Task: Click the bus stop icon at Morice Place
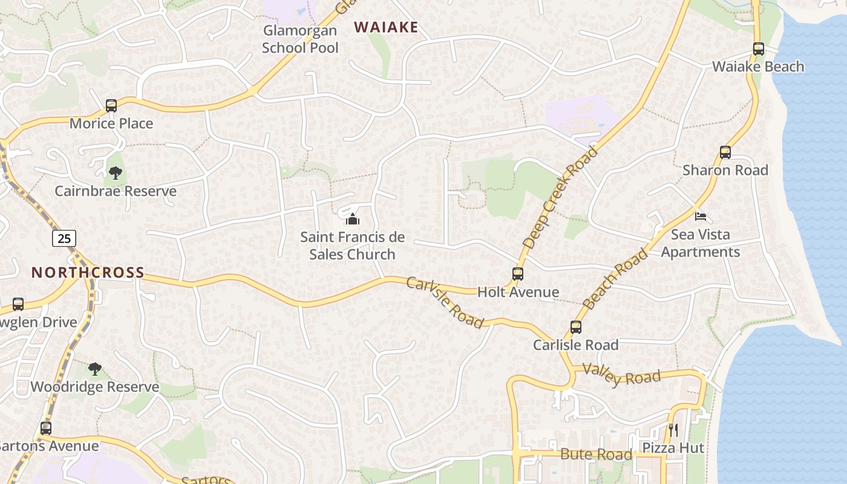[111, 106]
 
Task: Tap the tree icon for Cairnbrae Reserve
[115, 174]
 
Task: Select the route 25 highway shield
[64, 238]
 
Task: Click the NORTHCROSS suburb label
[88, 272]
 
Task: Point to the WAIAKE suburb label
[386, 27]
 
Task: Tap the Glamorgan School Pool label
[300, 39]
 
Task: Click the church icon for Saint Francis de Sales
[353, 218]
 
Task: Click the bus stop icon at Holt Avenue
[518, 274]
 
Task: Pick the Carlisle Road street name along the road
[445, 302]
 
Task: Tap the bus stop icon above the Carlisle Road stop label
[576, 327]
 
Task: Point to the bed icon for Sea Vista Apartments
[701, 216]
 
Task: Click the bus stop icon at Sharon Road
[725, 152]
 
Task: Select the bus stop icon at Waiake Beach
[759, 49]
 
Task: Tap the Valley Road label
[621, 376]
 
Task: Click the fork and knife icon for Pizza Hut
[673, 430]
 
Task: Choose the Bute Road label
[596, 454]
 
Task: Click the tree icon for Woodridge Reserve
[94, 369]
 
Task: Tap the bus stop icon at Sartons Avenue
[46, 428]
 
